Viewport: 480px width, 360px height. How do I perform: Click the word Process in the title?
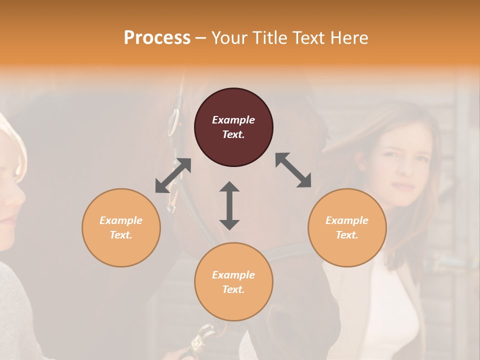[x=157, y=37]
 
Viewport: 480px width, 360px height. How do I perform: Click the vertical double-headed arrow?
[x=229, y=205]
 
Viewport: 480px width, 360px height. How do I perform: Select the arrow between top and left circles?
[x=173, y=175]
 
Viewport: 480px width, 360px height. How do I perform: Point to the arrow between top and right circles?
[x=293, y=170]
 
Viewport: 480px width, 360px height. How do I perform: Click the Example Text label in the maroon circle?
[x=233, y=127]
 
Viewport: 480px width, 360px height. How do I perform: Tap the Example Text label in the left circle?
[x=121, y=227]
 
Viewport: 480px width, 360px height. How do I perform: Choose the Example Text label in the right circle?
[x=347, y=227]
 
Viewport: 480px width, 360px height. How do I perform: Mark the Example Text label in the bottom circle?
[x=233, y=282]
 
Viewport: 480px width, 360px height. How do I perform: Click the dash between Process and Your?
[x=201, y=38]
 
